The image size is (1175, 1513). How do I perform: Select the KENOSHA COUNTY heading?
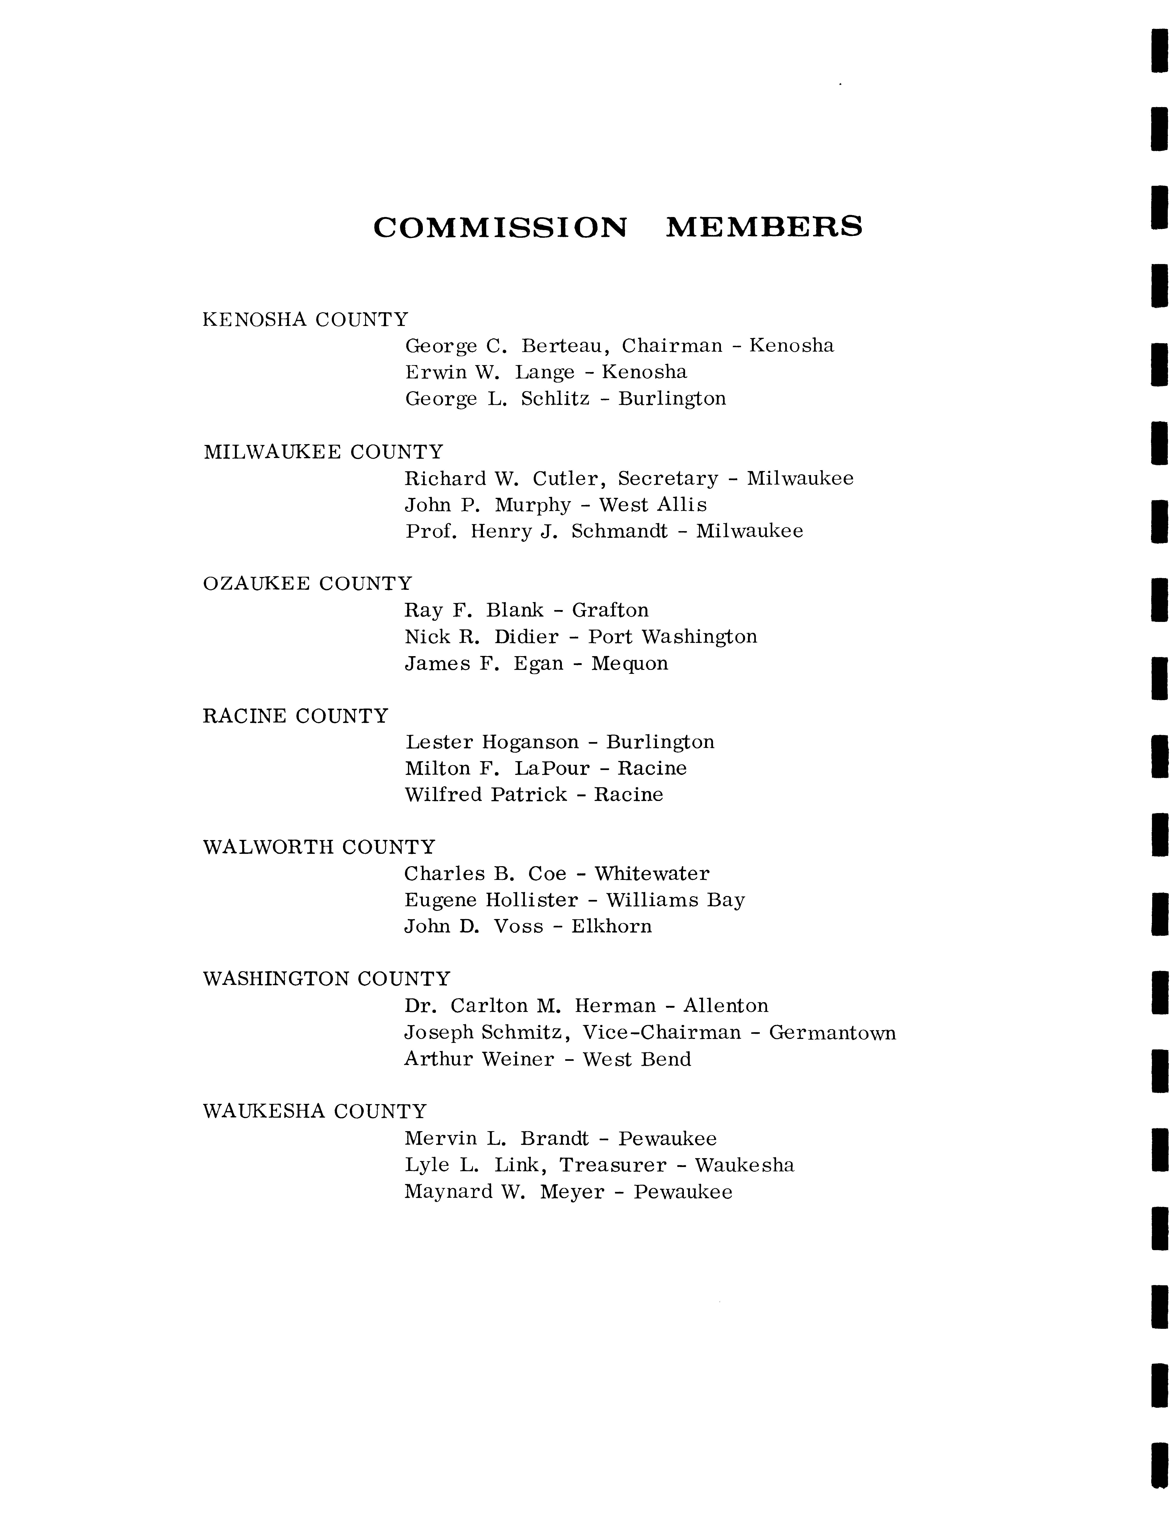[305, 320]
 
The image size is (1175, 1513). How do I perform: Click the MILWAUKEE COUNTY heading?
[323, 452]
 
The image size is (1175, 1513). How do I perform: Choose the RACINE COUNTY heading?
[295, 716]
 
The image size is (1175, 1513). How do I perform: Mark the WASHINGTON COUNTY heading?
[326, 980]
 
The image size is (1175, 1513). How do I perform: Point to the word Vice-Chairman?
[662, 1033]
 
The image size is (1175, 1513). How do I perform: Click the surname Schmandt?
[619, 531]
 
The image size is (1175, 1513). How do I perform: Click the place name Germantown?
[832, 1033]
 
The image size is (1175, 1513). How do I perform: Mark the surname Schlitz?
[555, 399]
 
